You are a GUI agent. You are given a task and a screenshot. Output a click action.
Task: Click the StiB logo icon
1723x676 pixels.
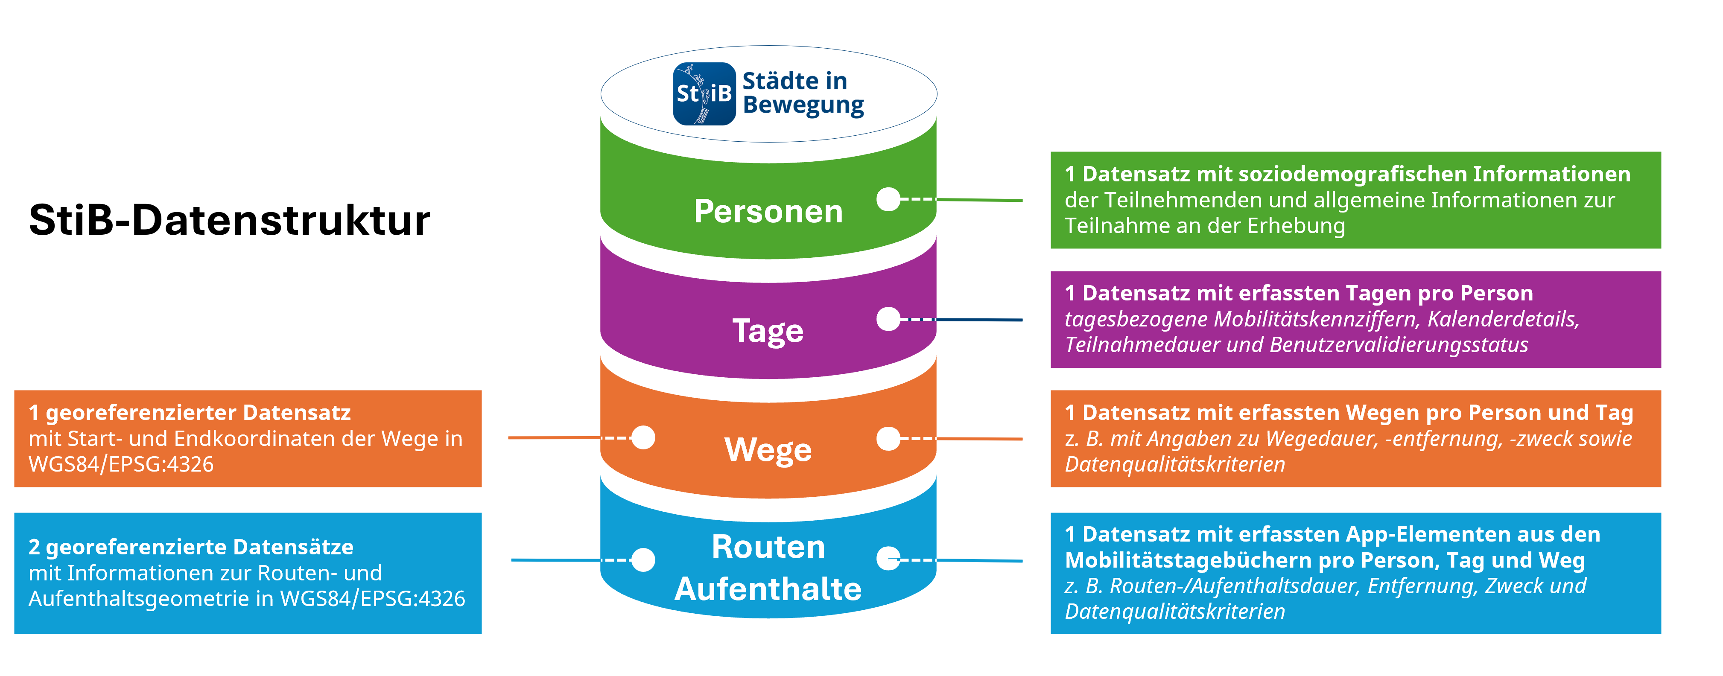point(704,93)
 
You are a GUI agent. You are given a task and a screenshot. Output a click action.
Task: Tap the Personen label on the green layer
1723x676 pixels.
point(768,211)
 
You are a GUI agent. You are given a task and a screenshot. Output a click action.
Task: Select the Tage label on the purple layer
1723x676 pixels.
point(768,330)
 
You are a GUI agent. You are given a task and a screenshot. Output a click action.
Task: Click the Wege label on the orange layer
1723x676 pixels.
point(768,449)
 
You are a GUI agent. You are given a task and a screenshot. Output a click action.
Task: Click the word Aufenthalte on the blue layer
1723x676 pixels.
point(768,589)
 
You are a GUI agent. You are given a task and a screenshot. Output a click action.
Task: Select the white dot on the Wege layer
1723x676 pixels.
point(643,437)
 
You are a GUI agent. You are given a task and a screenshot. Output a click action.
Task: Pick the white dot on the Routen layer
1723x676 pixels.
point(643,559)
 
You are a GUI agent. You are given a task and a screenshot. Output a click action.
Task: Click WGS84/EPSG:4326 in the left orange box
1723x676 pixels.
point(121,464)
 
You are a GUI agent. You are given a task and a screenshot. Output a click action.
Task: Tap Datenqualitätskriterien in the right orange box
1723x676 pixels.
point(1174,464)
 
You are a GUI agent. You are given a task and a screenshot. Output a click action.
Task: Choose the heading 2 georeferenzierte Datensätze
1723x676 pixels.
point(191,547)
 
